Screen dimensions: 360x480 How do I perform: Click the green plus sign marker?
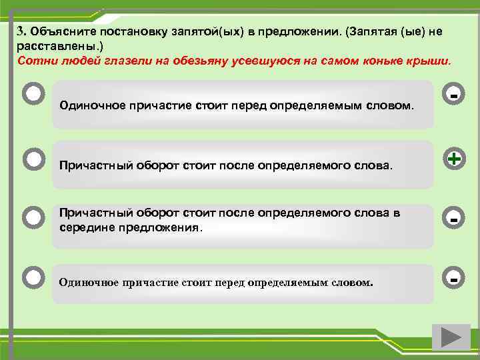453,159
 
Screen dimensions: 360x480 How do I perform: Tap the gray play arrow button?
446,337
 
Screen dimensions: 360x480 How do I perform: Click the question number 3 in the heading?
21,32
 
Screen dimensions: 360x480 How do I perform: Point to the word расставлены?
45,45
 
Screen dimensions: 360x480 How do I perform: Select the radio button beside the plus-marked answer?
33,159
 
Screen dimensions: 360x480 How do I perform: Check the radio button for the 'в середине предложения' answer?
33,217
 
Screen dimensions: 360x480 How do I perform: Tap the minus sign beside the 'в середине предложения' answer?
453,218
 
